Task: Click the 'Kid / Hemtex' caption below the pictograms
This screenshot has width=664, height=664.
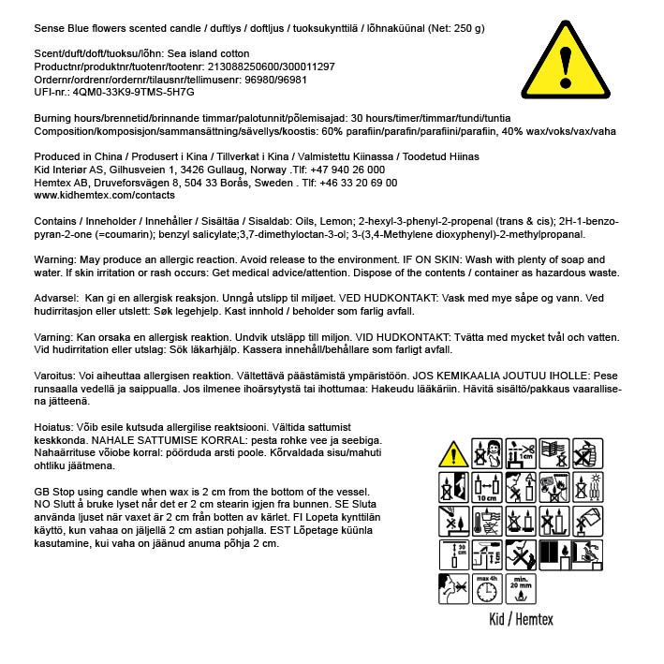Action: pos(522,619)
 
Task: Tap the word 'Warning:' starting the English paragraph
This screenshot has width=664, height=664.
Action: pos(54,259)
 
